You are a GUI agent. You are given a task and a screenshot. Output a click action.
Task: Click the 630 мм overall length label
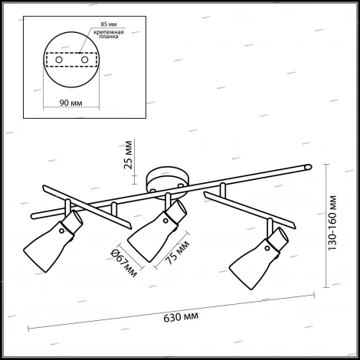pos(181,317)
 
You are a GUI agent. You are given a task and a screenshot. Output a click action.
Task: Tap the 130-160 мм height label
pos(332,223)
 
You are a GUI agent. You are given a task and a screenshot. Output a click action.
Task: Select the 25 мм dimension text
pos(128,155)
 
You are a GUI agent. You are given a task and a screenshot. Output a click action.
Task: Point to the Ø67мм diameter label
pos(124,263)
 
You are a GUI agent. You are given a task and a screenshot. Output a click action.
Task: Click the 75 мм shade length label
pos(178,252)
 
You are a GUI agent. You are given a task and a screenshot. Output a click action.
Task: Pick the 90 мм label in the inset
pos(71,103)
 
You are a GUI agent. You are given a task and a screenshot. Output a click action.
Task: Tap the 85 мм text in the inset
pos(109,25)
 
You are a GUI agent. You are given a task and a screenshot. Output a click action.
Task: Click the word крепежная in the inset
pos(109,32)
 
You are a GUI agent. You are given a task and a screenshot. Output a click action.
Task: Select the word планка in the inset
pos(109,37)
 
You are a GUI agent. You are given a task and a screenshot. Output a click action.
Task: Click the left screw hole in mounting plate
pos(59,60)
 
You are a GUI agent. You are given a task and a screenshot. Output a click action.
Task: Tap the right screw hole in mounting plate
pos(84,60)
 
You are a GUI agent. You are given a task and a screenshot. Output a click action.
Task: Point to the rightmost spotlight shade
pos(258,258)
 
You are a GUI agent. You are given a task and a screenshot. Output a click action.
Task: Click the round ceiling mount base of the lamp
pos(168,182)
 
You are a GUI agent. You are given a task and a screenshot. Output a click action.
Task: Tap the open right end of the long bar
pos(309,167)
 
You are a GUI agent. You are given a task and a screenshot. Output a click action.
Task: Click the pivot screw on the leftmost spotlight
pos(61,231)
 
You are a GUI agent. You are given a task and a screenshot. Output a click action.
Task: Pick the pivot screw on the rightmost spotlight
pos(267,248)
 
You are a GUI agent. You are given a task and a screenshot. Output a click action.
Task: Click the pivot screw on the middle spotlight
pos(165,221)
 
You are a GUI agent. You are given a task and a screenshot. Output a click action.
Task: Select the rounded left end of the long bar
pos(33,217)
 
